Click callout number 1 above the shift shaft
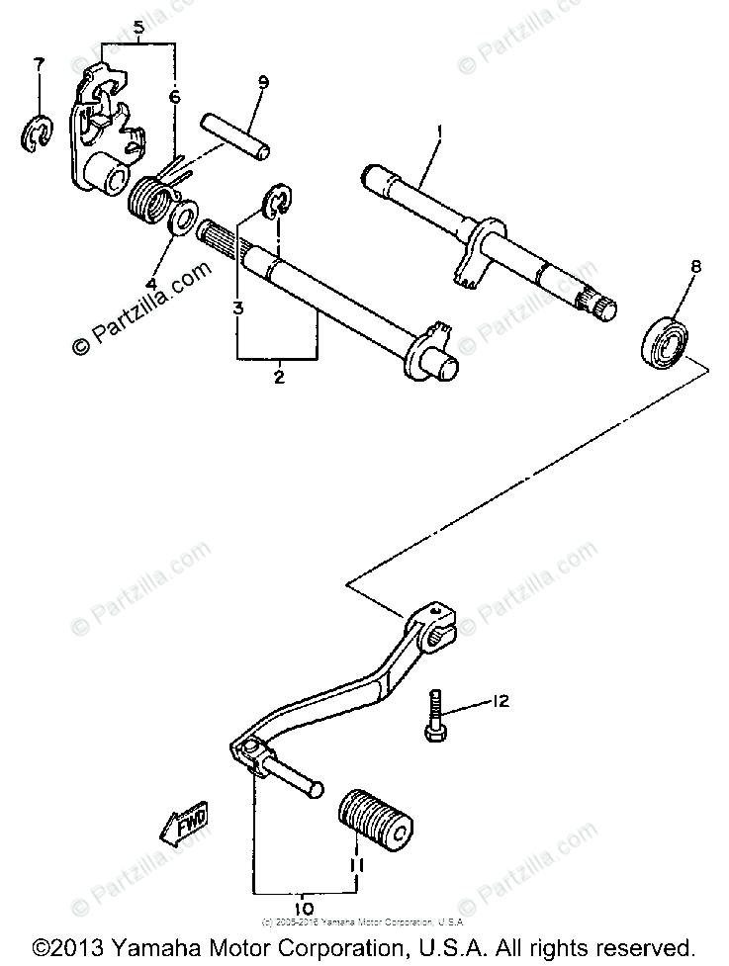point(439,131)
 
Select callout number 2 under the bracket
point(278,377)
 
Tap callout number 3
point(238,307)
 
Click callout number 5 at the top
point(139,28)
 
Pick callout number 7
point(39,64)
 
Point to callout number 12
point(501,701)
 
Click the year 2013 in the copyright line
point(82,945)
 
